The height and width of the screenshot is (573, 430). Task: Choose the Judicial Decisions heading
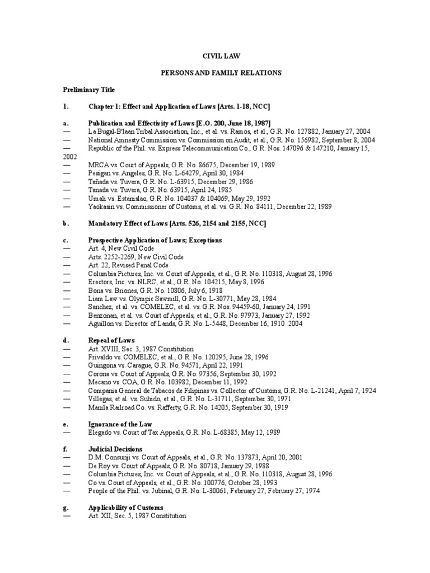click(115, 449)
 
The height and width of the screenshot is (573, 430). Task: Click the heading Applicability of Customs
click(125, 507)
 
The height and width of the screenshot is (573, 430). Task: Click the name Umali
click(97, 198)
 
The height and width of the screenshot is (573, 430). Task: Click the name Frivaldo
click(101, 356)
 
